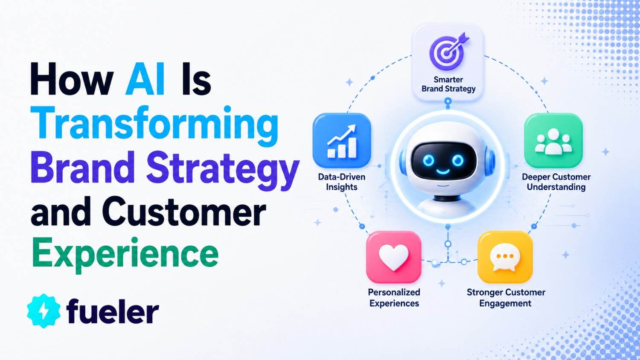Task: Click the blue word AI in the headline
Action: pos(145,78)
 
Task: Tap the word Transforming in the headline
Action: pos(154,127)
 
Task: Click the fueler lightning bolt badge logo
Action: pos(44,311)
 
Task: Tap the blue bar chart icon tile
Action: pos(342,141)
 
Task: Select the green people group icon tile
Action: pos(553,140)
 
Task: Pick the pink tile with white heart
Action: pos(394,257)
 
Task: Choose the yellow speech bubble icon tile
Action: pos(505,257)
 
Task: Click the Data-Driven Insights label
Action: pos(342,182)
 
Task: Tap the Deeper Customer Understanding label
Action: pos(556,182)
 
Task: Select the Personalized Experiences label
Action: pos(394,297)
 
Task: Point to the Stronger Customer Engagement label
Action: pos(506,297)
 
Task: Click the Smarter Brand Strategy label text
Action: pos(448,84)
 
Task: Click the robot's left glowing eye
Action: pos(428,160)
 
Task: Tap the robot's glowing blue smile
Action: pos(442,172)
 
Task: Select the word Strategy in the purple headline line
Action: pos(223,171)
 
